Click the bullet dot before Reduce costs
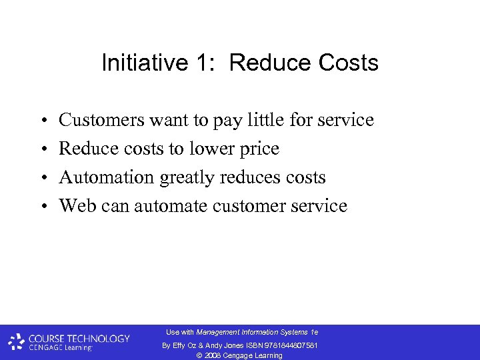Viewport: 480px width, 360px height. (42, 149)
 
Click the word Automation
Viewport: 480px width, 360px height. (106, 177)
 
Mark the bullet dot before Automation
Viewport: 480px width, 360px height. (42, 177)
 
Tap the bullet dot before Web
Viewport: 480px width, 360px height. (42, 206)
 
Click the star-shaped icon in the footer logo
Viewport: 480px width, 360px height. (17, 342)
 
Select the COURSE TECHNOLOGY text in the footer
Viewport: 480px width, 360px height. (79, 338)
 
